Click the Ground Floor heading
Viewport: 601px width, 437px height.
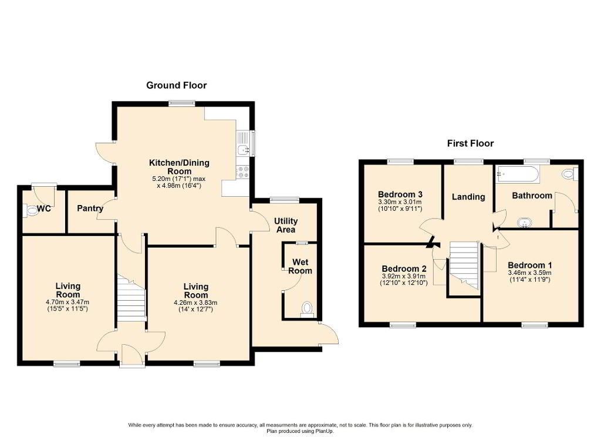click(176, 85)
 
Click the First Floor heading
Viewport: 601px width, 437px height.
click(470, 143)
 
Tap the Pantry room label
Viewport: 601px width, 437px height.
click(90, 209)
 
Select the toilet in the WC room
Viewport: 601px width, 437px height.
click(29, 210)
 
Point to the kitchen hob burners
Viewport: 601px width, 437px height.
click(243, 172)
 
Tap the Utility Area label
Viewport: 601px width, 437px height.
click(286, 225)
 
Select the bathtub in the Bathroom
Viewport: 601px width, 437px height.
click(518, 174)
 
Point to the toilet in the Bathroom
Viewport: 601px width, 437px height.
click(570, 174)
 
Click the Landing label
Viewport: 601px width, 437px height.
click(468, 197)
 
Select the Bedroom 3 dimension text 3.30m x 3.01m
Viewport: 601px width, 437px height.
click(400, 202)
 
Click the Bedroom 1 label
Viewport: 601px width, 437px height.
click(530, 265)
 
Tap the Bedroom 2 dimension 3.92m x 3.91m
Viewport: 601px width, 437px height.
click(404, 276)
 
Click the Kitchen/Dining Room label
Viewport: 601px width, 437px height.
click(180, 167)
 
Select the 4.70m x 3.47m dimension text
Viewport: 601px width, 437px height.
click(67, 302)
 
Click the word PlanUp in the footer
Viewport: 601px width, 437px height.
click(324, 431)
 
